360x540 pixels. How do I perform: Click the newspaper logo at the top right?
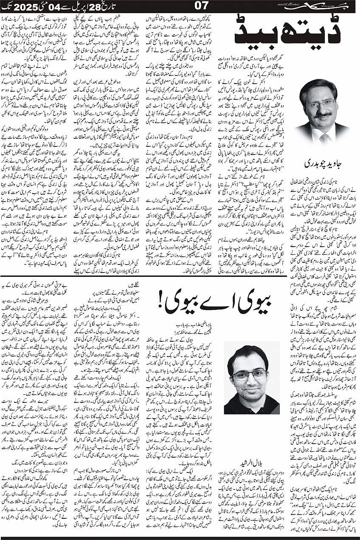(325, 7)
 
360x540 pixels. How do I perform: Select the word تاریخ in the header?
(124, 7)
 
